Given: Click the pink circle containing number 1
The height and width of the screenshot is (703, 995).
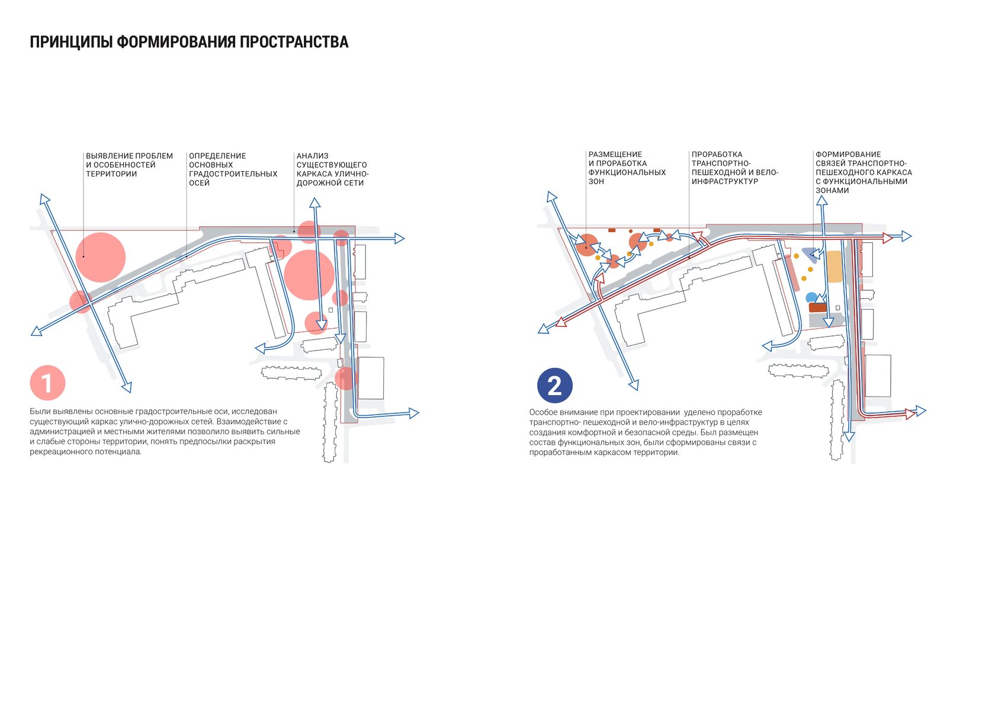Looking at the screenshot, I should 47,383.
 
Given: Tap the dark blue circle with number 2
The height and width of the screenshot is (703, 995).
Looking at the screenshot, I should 554,386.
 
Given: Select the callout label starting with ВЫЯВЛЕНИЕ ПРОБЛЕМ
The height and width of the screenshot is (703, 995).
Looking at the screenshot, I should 129,165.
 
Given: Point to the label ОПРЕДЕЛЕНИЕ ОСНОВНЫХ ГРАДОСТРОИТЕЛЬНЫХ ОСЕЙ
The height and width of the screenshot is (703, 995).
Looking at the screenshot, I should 233,169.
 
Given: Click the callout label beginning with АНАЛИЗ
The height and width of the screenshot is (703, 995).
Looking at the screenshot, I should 332,169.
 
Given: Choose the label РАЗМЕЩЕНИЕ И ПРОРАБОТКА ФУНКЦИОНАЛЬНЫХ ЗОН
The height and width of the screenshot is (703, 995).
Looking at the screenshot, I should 627,168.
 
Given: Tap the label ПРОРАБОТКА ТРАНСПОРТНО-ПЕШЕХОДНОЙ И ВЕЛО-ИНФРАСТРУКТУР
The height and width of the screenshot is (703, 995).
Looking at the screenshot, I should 734,168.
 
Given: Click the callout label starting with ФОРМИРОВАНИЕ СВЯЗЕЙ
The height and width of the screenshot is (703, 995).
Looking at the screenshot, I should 863,172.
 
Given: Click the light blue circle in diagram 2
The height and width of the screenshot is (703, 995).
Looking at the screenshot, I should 811,298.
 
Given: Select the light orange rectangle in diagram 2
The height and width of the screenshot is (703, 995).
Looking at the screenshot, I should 834,266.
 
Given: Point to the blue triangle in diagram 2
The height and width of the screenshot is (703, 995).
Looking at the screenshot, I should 810,253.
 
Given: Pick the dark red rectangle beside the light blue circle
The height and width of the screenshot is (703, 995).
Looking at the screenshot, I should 818,307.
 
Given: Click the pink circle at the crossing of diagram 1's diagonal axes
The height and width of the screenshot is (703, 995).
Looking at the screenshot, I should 81,301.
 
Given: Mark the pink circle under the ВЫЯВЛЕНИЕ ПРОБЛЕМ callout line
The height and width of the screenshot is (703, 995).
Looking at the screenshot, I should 101,257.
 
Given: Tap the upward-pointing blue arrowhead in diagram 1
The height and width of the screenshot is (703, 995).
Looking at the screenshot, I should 314,203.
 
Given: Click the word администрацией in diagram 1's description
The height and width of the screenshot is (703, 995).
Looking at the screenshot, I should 59,432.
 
